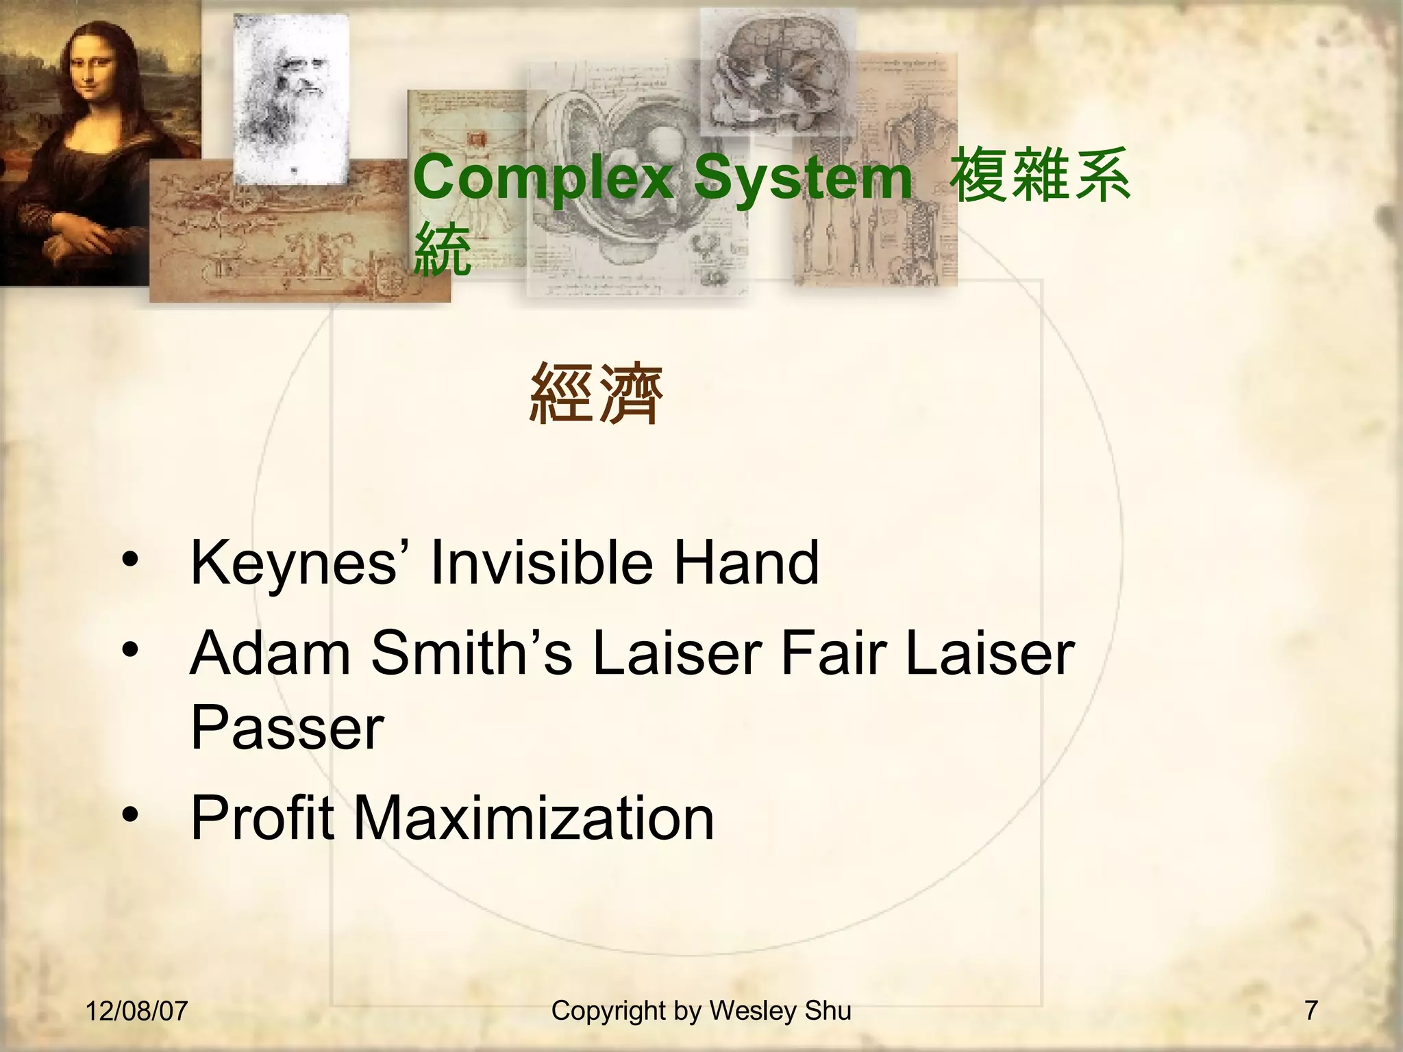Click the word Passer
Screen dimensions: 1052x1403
(287, 727)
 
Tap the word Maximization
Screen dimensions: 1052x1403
(534, 818)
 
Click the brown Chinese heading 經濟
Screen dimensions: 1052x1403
(597, 394)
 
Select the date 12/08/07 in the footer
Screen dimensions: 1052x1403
(136, 1011)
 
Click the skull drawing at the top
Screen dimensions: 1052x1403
(778, 72)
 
